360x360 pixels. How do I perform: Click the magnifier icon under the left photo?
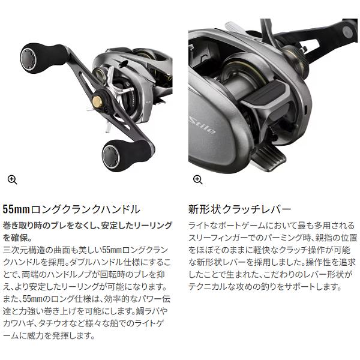point(12,179)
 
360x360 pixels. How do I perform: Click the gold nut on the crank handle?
point(94,113)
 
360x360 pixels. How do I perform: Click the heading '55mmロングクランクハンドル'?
point(71,209)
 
